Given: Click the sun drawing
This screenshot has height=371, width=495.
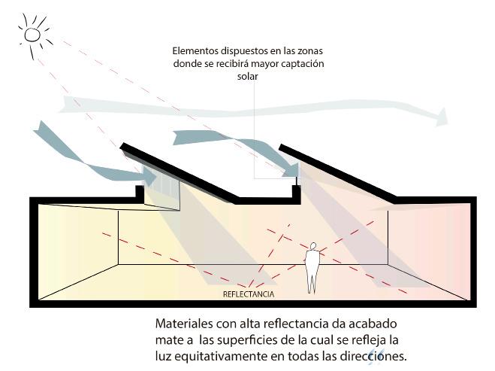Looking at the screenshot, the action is (x=32, y=33).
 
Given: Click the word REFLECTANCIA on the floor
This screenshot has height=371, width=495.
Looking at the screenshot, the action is (x=247, y=294).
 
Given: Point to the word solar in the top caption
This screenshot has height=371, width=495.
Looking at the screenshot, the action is (x=248, y=76).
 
